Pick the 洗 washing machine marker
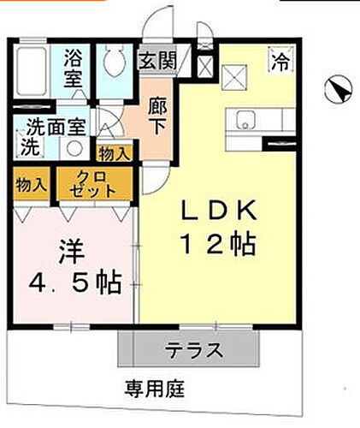pyautogui.click(x=28, y=146)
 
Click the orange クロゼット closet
pyautogui.click(x=95, y=184)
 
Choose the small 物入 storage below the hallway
pyautogui.click(x=115, y=154)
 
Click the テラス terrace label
pyautogui.click(x=195, y=349)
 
